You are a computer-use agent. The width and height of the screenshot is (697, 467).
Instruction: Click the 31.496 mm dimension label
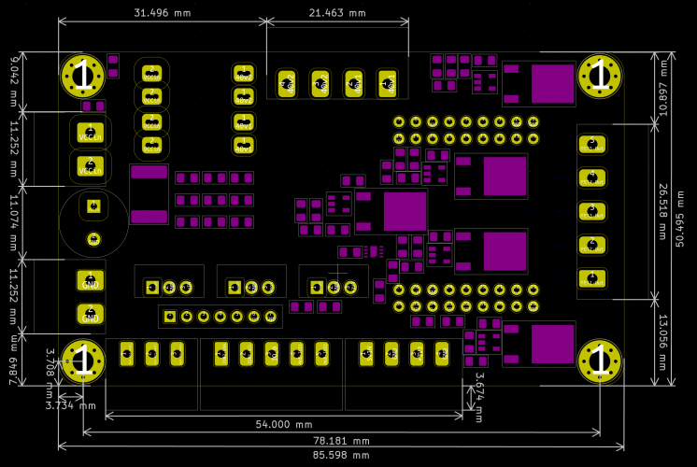pyautogui.click(x=163, y=13)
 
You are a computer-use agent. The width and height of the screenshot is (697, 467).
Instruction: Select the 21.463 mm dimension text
pyautogui.click(x=337, y=13)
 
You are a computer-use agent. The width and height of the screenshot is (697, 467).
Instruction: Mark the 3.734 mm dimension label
pyautogui.click(x=71, y=405)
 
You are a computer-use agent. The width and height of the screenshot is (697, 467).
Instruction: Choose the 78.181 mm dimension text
pyautogui.click(x=341, y=440)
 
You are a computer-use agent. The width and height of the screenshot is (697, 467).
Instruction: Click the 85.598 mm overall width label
pyautogui.click(x=341, y=455)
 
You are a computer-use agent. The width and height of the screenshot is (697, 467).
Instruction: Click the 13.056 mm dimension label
pyautogui.click(x=664, y=342)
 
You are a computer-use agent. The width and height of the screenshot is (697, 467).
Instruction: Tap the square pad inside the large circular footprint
pyautogui.click(x=92, y=205)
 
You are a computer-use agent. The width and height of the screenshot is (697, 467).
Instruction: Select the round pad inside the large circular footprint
pyautogui.click(x=92, y=239)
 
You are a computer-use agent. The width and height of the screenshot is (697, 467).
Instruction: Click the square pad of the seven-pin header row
pyautogui.click(x=170, y=317)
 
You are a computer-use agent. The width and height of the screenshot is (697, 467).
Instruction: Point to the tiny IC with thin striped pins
pyautogui.click(x=374, y=251)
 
